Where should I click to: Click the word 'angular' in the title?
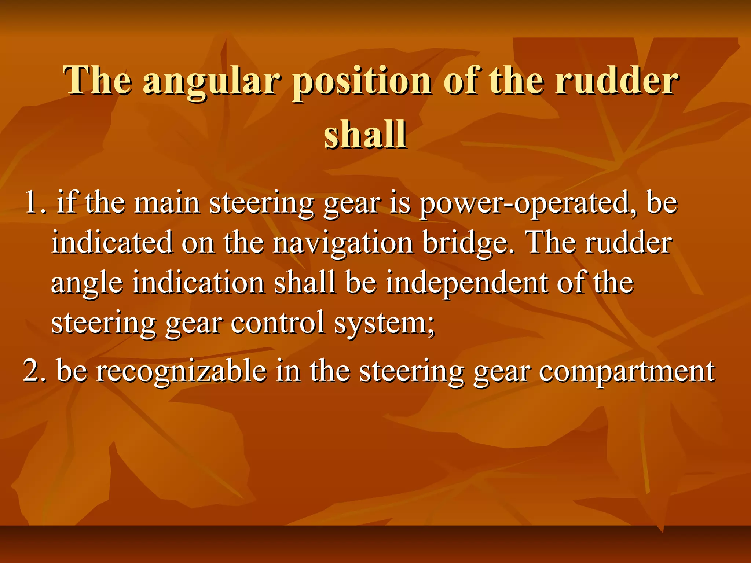point(212,81)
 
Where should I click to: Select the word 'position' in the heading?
point(362,81)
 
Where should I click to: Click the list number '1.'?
point(35,203)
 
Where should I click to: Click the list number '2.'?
point(35,371)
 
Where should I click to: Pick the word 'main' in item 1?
point(167,203)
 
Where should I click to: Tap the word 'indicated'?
point(112,243)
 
